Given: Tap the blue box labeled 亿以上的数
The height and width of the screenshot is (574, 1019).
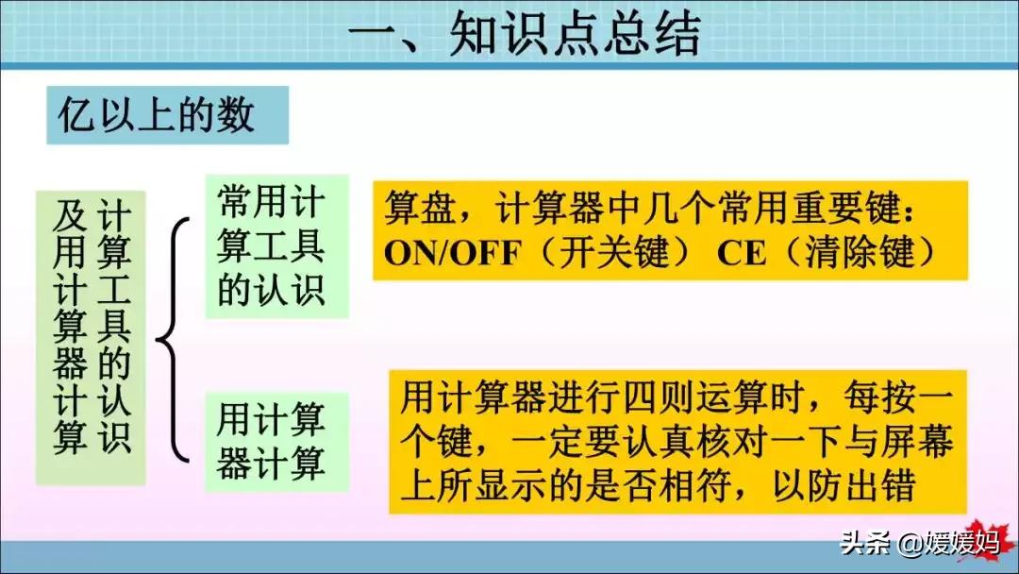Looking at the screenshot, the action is point(167,115).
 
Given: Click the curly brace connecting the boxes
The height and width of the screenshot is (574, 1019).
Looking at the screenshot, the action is point(173,340).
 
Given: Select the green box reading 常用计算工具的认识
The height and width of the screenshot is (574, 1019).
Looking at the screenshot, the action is point(277,246).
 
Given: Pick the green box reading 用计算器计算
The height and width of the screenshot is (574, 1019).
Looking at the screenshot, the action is point(277,442).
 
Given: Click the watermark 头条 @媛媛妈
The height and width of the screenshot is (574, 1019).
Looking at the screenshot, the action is point(920,543).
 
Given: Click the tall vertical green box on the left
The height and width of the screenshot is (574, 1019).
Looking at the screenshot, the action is point(91,338).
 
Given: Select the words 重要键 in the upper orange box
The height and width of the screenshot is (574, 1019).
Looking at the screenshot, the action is point(846,208).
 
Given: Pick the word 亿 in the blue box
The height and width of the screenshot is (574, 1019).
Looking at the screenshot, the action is point(75,116).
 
